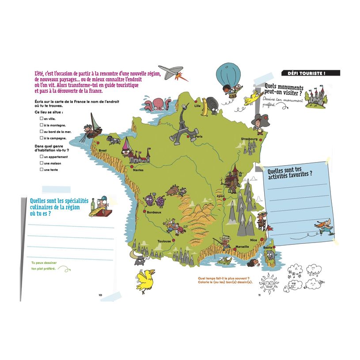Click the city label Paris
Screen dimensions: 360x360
pyautogui.click(x=199, y=137)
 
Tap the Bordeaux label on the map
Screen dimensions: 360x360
pyautogui.click(x=154, y=212)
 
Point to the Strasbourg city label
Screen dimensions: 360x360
pyautogui.click(x=249, y=139)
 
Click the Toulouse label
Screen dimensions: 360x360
pyautogui.click(x=164, y=241)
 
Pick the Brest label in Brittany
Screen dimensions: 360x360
pyautogui.click(x=103, y=151)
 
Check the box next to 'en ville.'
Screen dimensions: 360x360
pyautogui.click(x=41, y=119)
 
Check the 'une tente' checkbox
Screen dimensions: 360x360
pyautogui.click(x=41, y=169)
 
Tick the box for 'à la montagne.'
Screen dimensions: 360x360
pyautogui.click(x=41, y=125)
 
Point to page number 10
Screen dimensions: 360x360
pyautogui.click(x=100, y=295)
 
